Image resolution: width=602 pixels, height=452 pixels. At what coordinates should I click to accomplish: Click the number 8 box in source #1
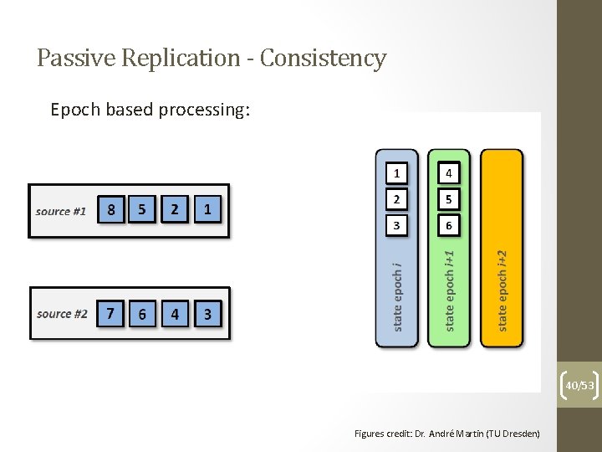tap(111, 210)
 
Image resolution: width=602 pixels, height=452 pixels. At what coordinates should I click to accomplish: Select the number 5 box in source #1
tap(143, 210)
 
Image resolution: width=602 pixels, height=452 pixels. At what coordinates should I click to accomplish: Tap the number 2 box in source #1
tap(175, 210)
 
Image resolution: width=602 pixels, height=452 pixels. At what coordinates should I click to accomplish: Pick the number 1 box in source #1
tap(207, 210)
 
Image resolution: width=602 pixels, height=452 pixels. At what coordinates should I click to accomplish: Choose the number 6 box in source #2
tap(143, 314)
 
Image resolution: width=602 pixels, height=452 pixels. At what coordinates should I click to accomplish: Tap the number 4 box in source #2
tap(175, 314)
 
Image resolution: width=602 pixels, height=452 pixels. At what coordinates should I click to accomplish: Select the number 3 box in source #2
tap(207, 314)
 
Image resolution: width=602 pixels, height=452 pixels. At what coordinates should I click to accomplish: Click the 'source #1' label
tap(61, 211)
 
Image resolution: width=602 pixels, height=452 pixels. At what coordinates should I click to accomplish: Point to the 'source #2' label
tap(62, 314)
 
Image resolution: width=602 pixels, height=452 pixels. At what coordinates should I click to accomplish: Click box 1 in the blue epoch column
tap(397, 173)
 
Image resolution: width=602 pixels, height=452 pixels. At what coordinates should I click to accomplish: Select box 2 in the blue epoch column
tap(397, 199)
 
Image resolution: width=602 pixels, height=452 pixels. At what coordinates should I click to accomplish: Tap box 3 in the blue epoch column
tap(397, 225)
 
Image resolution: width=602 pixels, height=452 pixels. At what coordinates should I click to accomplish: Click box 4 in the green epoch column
tap(449, 173)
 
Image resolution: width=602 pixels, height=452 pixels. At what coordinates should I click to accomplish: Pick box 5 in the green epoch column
tap(449, 199)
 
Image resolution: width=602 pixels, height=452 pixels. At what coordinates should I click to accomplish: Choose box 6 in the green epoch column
tap(449, 225)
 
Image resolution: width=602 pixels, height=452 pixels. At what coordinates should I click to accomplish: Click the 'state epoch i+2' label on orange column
tap(502, 290)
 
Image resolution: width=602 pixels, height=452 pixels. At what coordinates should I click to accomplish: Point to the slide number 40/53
tap(579, 385)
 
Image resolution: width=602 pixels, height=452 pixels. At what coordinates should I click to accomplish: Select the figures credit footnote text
tap(446, 433)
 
